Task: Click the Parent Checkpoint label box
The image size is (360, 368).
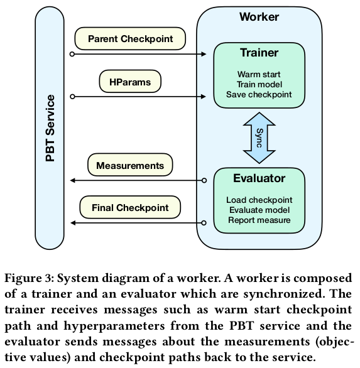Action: click(x=130, y=39)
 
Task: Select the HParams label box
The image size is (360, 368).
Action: click(x=130, y=82)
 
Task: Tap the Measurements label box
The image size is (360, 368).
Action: click(x=130, y=165)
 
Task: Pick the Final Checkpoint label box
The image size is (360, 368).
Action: click(x=130, y=207)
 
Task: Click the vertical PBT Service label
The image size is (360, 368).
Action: click(x=50, y=128)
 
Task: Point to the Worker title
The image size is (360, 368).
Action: click(x=259, y=17)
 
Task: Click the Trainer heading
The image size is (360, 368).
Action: click(x=259, y=53)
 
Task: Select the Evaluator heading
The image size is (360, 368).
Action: click(x=259, y=178)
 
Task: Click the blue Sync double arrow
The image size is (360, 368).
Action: click(x=259, y=138)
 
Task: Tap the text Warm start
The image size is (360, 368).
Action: click(x=259, y=74)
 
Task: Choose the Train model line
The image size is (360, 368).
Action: click(x=259, y=85)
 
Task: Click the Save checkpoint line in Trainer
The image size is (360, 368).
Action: click(x=259, y=95)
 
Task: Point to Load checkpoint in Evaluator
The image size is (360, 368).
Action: click(x=259, y=200)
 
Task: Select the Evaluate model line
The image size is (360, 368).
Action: click(x=259, y=210)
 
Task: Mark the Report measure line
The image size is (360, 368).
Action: click(x=259, y=220)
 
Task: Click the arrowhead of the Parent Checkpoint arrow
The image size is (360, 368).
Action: click(x=204, y=54)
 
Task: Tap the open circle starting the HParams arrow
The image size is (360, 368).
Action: click(x=72, y=97)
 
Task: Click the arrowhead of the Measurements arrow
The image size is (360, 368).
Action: click(x=73, y=180)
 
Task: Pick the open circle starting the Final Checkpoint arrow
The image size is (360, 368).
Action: click(x=204, y=223)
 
